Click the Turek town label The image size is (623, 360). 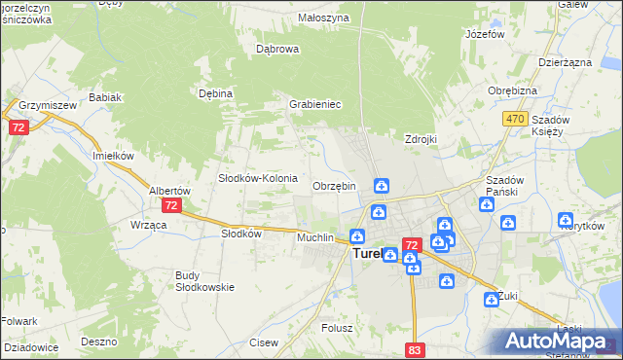(x=365, y=255)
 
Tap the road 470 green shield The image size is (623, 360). (x=516, y=119)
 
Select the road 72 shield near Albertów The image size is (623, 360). (x=171, y=205)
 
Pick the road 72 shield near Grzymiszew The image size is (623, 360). (x=18, y=127)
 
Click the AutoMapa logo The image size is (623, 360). (x=559, y=341)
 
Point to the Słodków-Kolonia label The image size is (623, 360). (x=257, y=178)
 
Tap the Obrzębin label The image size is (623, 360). (x=334, y=186)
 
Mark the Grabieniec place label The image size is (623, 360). (x=313, y=104)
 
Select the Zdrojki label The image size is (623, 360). (x=421, y=139)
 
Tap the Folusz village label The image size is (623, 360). (x=337, y=328)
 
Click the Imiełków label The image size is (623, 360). (x=113, y=155)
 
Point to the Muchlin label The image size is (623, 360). (x=315, y=237)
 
